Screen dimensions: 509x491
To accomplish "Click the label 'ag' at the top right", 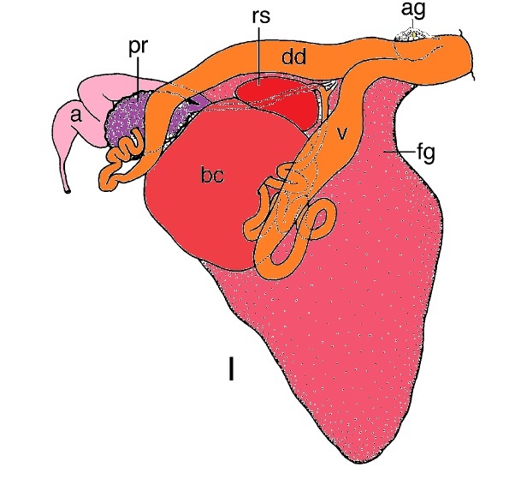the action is (x=412, y=10).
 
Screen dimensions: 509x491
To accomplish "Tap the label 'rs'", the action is (x=261, y=17).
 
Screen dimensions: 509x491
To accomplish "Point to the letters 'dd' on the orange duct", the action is (x=293, y=57).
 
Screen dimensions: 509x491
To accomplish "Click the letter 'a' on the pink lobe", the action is (x=75, y=116).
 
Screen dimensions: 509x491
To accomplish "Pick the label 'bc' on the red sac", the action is (x=212, y=176).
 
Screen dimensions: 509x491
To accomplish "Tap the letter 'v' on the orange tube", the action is (x=341, y=134).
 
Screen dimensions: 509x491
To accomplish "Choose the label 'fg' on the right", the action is (x=425, y=153).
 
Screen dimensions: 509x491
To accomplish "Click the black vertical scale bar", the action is (x=231, y=368).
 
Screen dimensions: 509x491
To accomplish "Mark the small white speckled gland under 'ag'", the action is (x=412, y=34).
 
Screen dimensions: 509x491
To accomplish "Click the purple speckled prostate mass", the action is (x=136, y=117).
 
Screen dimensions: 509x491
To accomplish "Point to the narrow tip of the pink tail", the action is (x=68, y=191).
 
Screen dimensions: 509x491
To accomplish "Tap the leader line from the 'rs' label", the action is (x=259, y=56).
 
